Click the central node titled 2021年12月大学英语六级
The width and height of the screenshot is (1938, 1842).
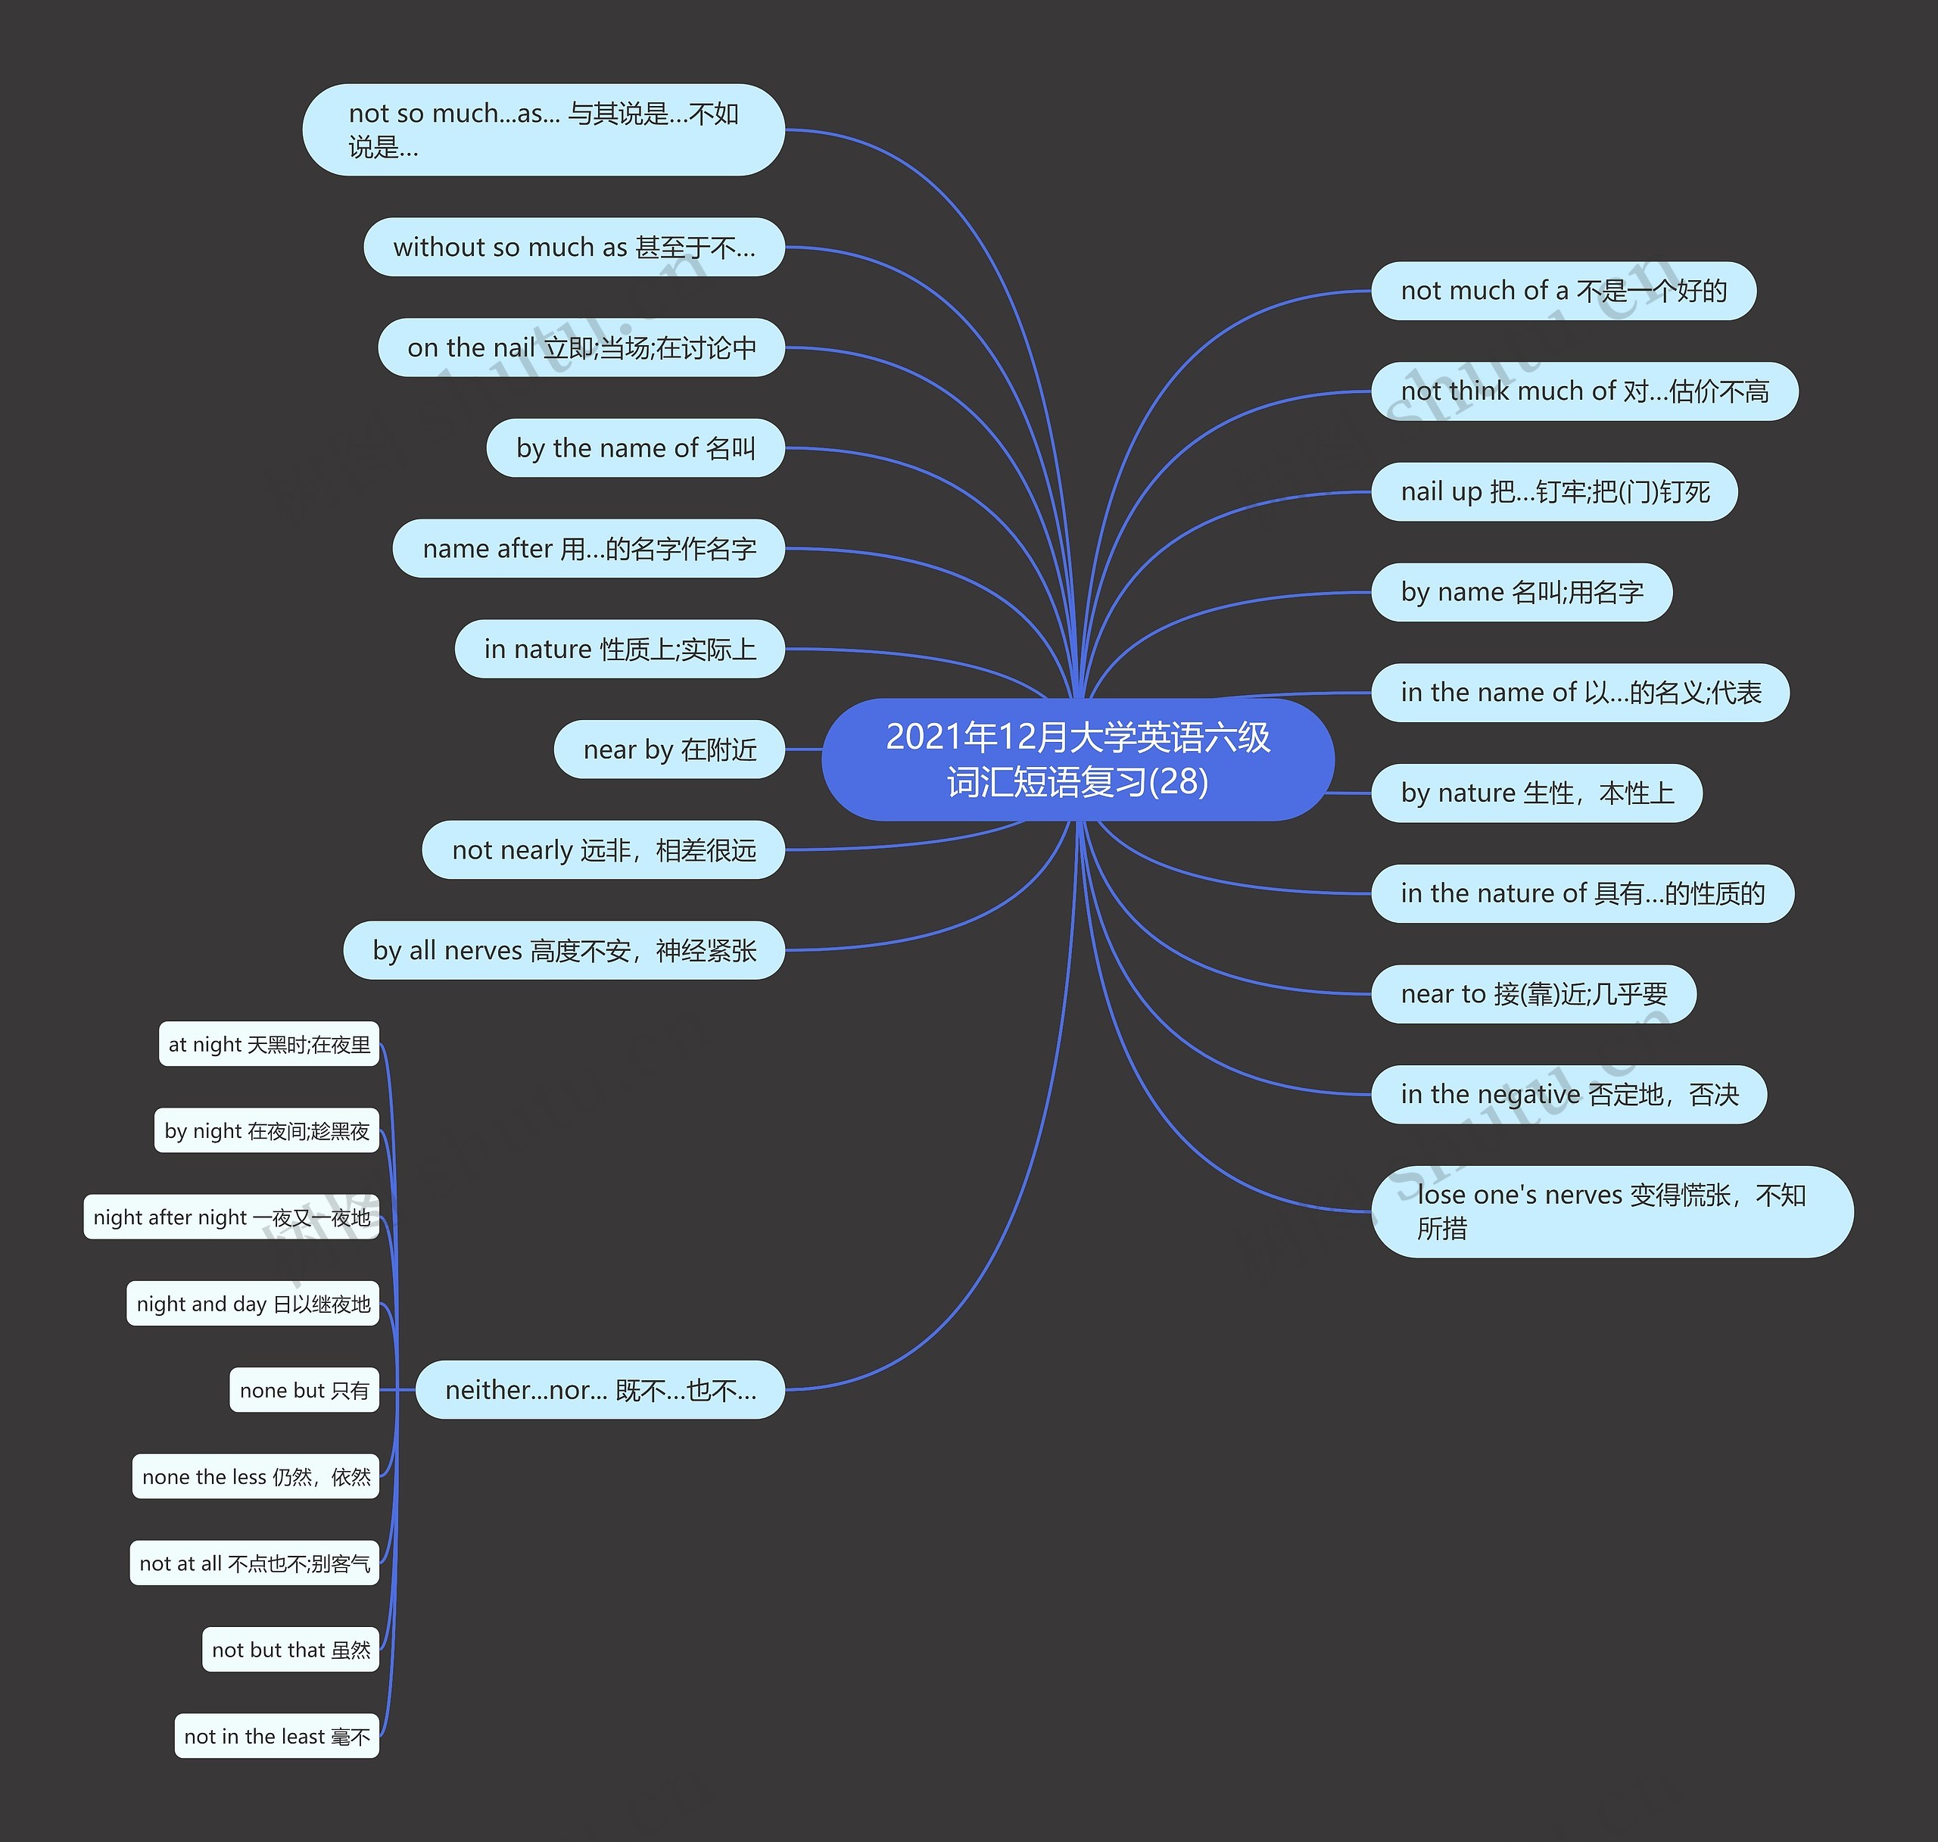point(1077,759)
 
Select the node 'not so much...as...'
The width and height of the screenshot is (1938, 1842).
point(543,129)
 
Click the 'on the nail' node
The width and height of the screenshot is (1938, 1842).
point(581,348)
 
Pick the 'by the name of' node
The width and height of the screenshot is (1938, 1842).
point(635,449)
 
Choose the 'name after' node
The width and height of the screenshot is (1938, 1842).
point(588,549)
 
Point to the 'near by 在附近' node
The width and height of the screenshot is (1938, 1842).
point(669,750)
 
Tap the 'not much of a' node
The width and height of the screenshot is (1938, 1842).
point(1563,291)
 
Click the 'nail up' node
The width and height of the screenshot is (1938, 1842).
point(1554,492)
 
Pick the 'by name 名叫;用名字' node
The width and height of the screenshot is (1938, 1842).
point(1521,592)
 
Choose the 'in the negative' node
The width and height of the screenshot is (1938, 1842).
point(1568,1095)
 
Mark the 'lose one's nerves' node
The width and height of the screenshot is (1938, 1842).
point(1611,1211)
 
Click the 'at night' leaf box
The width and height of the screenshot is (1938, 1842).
point(269,1045)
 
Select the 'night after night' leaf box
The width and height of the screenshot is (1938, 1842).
point(232,1217)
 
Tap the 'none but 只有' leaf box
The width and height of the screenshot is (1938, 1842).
point(304,1390)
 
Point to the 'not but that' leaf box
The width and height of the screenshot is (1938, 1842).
point(291,1650)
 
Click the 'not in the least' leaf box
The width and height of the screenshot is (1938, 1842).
point(277,1737)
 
